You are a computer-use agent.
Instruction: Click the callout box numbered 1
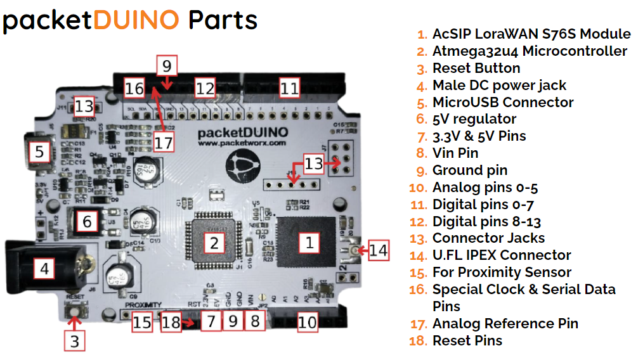pos(309,242)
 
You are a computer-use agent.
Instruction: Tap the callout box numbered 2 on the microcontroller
pos(214,242)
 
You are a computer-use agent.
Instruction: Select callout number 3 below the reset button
pos(75,341)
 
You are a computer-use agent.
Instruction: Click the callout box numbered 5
pos(39,152)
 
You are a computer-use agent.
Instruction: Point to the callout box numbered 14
pos(378,250)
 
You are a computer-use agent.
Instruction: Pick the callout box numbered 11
pos(289,88)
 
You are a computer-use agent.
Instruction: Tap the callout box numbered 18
pos(171,321)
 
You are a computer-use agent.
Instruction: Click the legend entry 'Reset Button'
pos(476,68)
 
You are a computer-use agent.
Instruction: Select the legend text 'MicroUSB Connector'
pos(502,103)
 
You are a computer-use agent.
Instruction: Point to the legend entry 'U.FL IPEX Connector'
pos(501,255)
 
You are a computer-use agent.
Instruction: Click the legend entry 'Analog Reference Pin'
pos(505,324)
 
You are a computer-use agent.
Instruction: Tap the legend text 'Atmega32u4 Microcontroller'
pos(529,51)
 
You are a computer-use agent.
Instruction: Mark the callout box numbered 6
pos(88,221)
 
